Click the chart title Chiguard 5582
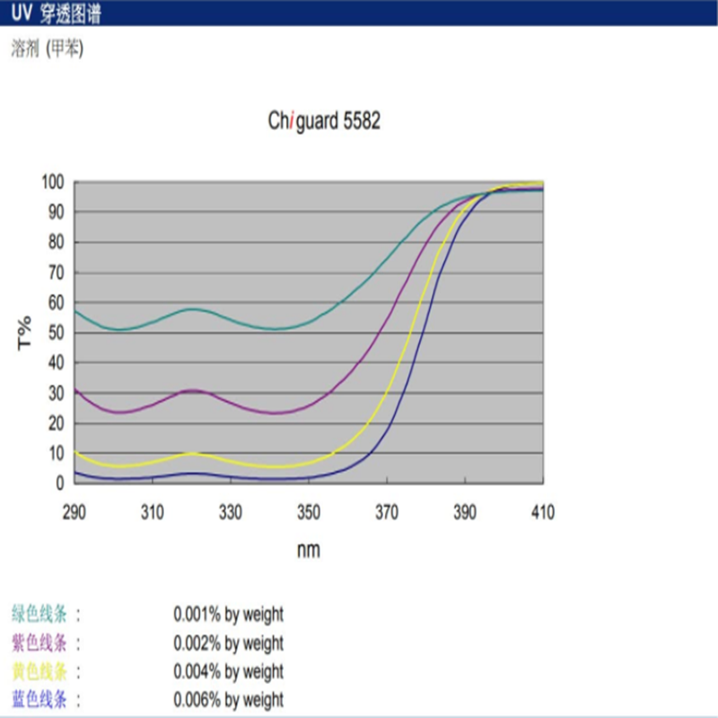[324, 121]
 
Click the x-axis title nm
[308, 549]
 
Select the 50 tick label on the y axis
[56, 332]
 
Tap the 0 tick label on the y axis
[59, 483]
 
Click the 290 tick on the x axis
[74, 513]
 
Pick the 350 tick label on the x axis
[308, 513]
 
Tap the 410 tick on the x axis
[542, 513]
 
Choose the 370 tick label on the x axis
[386, 513]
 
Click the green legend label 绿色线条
[39, 614]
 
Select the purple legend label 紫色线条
[39, 643]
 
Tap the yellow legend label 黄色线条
[39, 671]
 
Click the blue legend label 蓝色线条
[39, 699]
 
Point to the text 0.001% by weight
[228, 614]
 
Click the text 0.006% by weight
[228, 699]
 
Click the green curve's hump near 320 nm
[192, 309]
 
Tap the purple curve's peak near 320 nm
[192, 390]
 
